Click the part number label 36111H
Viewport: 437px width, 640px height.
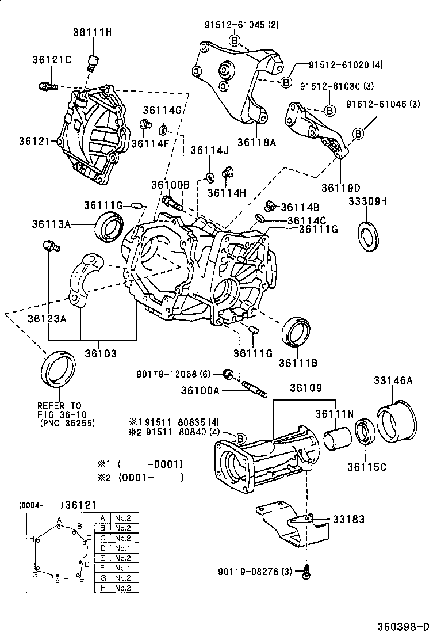click(92, 32)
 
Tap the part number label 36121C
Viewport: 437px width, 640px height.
click(52, 60)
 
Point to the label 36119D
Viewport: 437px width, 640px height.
click(340, 188)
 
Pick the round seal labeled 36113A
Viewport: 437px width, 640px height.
click(109, 226)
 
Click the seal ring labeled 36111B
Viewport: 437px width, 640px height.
click(297, 332)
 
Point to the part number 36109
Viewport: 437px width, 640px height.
click(305, 388)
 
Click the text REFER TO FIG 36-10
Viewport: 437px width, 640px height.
click(60, 409)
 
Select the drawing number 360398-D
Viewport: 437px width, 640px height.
click(403, 626)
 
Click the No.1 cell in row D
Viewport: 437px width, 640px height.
click(122, 548)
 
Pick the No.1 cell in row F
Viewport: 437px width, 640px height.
click(122, 568)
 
